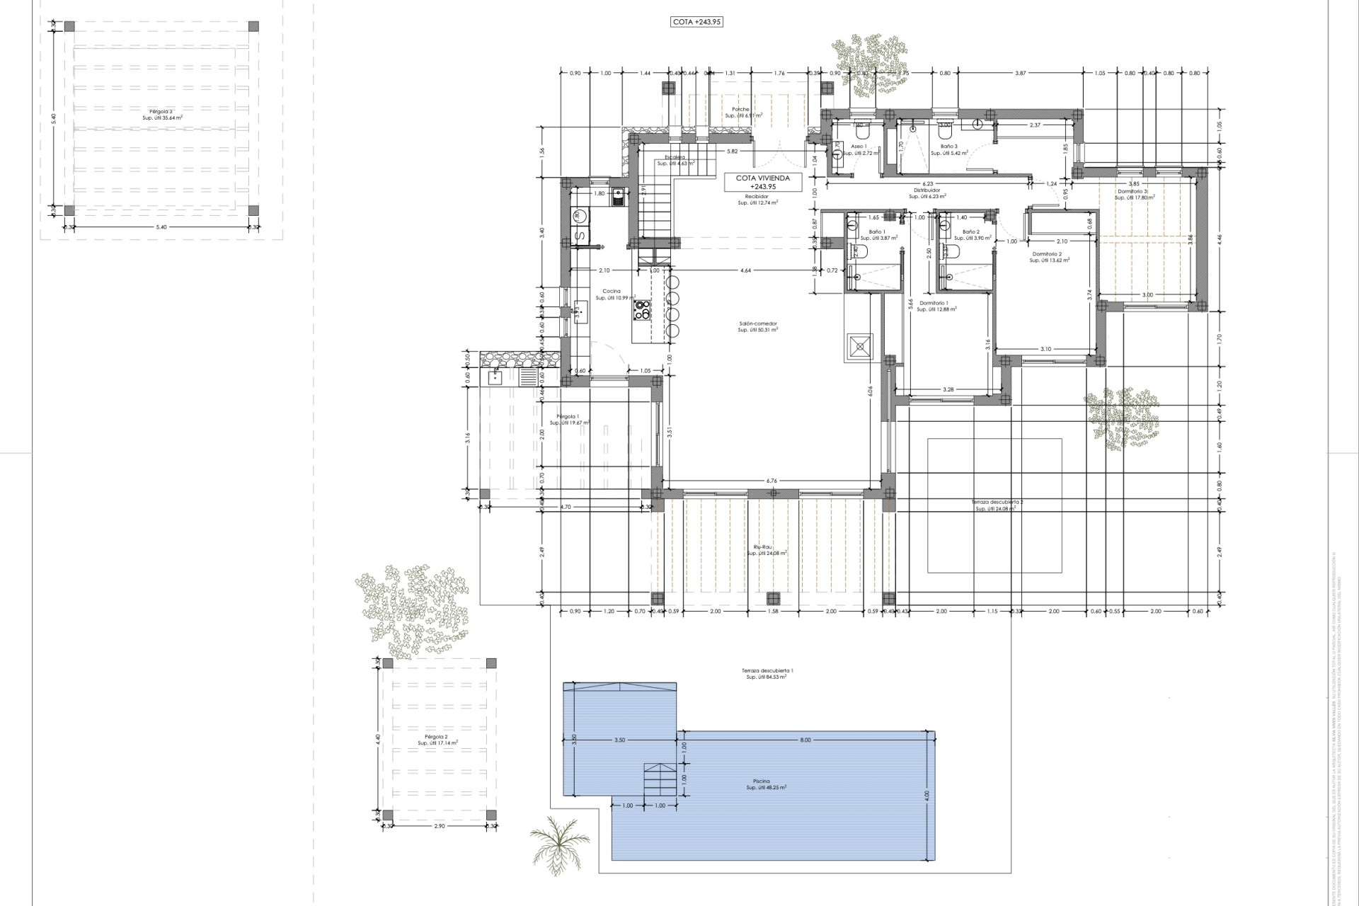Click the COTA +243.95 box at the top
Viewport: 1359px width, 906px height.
pos(696,22)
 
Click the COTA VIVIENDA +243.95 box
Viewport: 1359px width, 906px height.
pos(762,183)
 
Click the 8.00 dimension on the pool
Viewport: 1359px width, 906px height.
pos(805,740)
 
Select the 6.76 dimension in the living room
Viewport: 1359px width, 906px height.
pos(771,481)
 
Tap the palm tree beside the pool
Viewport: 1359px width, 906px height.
pos(559,842)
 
